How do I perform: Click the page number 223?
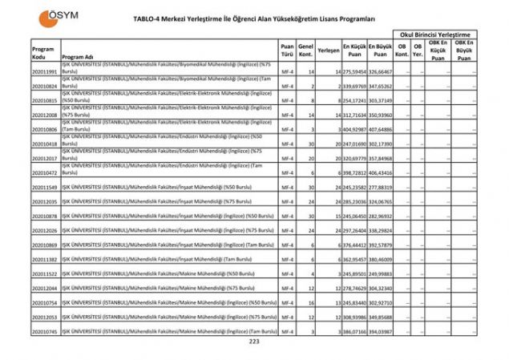pyautogui.click(x=254, y=342)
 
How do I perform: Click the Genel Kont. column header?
pyautogui.click(x=305, y=50)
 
